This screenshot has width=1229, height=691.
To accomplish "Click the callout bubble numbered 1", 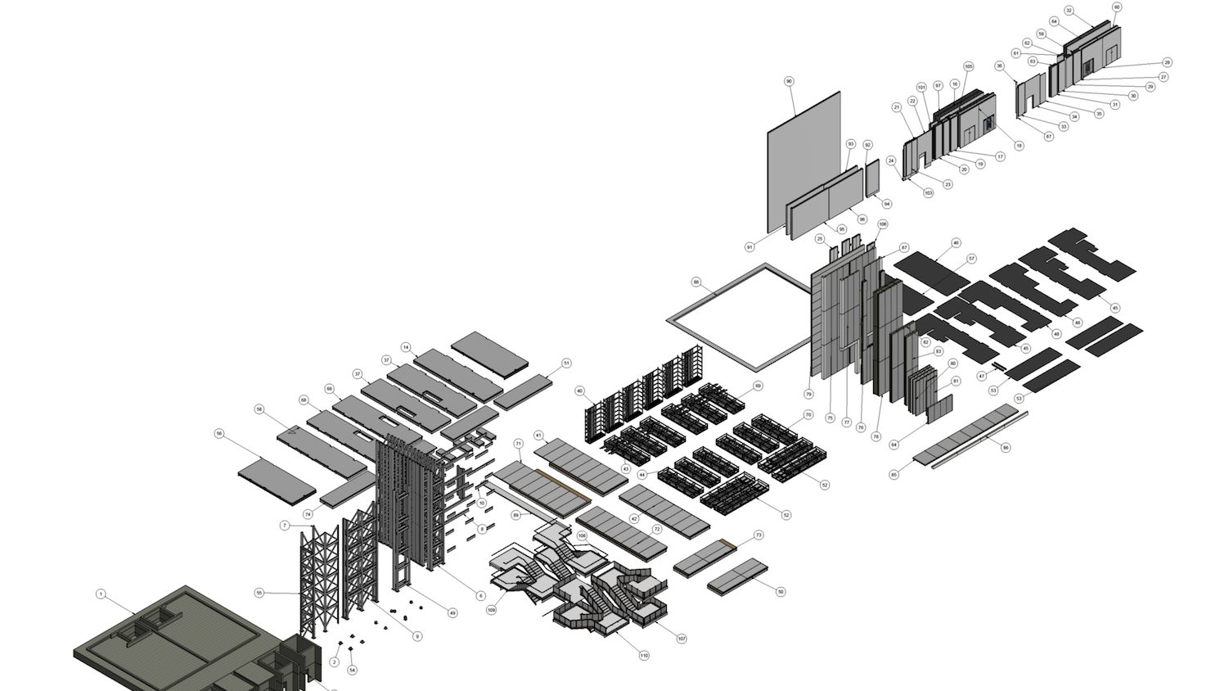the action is pyautogui.click(x=101, y=594).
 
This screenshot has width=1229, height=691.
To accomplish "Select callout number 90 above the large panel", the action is pyautogui.click(x=789, y=81).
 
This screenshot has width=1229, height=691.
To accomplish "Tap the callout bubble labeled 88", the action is pyautogui.click(x=696, y=282).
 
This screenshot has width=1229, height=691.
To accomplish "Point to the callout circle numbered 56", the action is pyautogui.click(x=219, y=434).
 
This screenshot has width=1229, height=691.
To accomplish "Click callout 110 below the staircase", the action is pyautogui.click(x=644, y=655).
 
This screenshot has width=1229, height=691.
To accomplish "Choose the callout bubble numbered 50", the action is pyautogui.click(x=781, y=591).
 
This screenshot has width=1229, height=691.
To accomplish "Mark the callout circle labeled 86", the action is pyautogui.click(x=1006, y=448).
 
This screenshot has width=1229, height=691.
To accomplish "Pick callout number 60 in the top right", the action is pyautogui.click(x=1117, y=7).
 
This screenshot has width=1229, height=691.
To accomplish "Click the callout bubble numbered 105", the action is pyautogui.click(x=969, y=66).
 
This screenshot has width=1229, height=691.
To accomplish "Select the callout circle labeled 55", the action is pyautogui.click(x=259, y=592).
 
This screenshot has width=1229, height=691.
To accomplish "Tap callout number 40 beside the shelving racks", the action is pyautogui.click(x=579, y=391).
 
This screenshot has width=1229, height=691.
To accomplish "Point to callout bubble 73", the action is pyautogui.click(x=759, y=535).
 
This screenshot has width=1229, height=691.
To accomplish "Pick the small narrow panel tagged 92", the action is pyautogui.click(x=871, y=178).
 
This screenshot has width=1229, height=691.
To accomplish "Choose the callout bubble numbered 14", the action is pyautogui.click(x=406, y=347).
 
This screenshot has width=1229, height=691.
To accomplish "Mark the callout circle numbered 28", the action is pyautogui.click(x=1167, y=62).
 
